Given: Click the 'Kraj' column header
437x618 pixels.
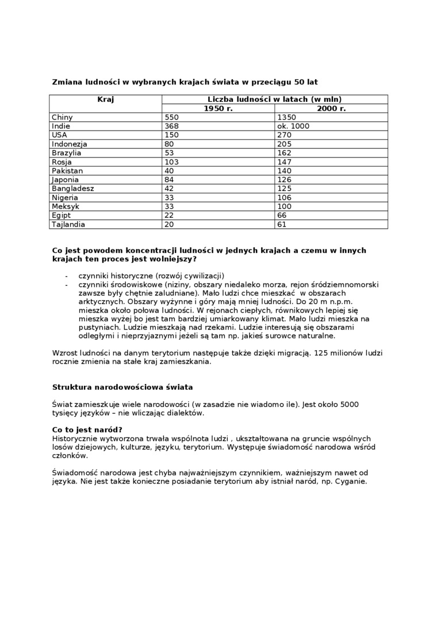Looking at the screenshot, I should [105, 99].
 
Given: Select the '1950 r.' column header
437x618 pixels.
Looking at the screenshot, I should [218, 109].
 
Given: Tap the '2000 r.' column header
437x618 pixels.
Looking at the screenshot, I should [331, 109].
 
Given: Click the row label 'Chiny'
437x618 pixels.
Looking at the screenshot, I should [62, 117].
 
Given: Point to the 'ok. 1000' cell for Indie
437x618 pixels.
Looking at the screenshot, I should [293, 126].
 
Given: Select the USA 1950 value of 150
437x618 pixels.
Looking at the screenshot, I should [172, 135].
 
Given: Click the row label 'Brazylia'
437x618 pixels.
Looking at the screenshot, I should [67, 153].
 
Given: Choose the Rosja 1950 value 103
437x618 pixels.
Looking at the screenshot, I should [172, 162].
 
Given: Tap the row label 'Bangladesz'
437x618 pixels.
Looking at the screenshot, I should [72, 189].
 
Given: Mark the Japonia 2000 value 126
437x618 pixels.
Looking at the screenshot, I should [284, 180].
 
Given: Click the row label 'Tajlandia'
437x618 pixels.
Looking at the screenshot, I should [68, 224].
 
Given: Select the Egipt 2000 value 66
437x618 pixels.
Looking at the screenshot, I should [282, 216].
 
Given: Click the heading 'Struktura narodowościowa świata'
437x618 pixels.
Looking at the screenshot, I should [122, 387].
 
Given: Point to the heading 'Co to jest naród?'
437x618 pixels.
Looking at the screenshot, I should [87, 430].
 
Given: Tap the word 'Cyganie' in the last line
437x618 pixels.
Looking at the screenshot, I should [350, 481].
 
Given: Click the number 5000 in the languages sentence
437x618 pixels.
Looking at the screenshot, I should [349, 404].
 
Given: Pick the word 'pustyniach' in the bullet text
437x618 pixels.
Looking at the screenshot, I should [98, 327].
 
